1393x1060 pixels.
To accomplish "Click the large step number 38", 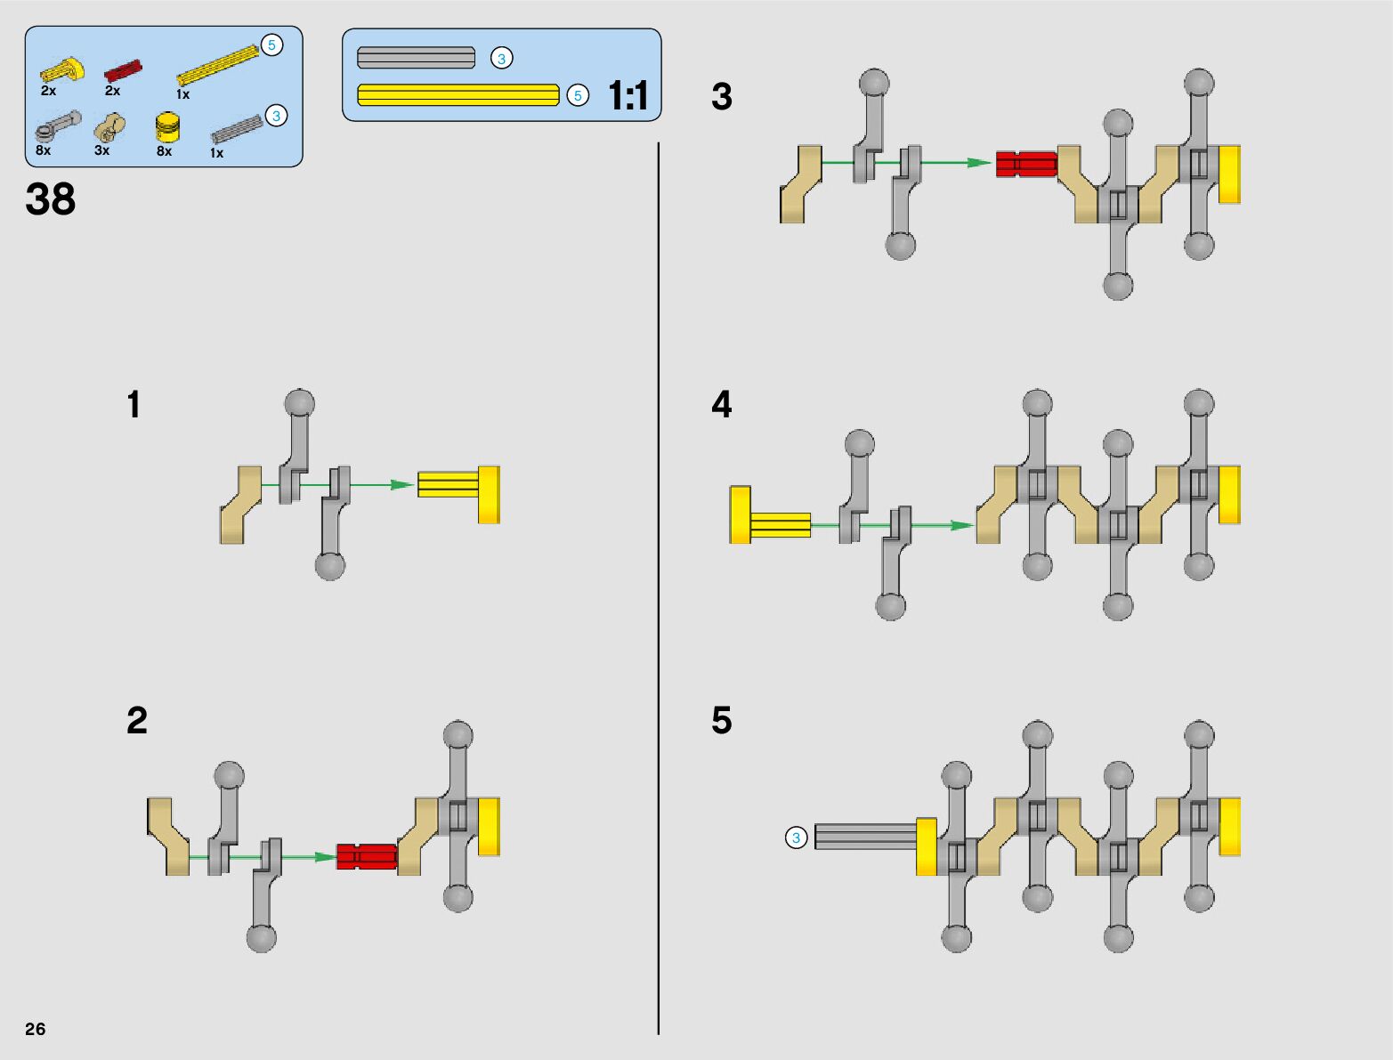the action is pos(50,199).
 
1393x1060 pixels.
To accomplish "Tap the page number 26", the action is pos(36,1028).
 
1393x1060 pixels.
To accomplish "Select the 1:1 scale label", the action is pos(628,96).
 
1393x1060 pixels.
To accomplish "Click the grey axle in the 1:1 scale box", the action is pos(417,57).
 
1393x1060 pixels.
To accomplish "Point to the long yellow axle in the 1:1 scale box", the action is pos(458,95).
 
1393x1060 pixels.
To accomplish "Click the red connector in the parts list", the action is pos(123,69).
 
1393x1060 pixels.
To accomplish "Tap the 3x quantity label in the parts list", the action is pos(101,150).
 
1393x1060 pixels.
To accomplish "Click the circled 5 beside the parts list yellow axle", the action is pos(271,45).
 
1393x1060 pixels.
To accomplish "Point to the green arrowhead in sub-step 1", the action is pos(402,485).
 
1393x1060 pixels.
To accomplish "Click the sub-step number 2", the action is pos(137,720).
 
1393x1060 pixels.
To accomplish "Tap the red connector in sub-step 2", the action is pos(367,856).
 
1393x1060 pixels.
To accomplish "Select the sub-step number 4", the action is pos(722,404).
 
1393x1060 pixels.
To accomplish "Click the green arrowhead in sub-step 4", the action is pos(961,525).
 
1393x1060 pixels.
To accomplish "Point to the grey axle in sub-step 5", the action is pos(866,837).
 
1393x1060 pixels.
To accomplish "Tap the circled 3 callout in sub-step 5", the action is pos(796,837).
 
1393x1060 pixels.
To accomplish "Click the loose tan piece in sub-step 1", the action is pos(240,505).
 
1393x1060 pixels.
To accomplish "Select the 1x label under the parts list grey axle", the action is pos(216,153).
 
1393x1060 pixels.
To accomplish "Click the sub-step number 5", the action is pos(722,720).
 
